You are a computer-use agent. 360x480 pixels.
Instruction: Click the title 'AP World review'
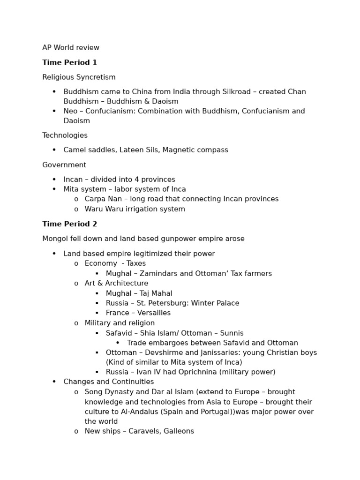pos(71,48)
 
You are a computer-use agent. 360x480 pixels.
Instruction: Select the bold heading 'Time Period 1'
pos(69,62)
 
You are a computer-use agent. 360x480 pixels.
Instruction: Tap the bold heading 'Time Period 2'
pos(69,224)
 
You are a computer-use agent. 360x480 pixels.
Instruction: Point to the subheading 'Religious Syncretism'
pos(79,77)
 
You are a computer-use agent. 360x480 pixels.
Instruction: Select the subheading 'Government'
pos(64,165)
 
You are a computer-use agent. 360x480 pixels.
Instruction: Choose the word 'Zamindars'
pos(157,274)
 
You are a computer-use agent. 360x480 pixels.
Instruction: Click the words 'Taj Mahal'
pos(156,293)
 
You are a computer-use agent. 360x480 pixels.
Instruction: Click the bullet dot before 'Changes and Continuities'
pos(54,382)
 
